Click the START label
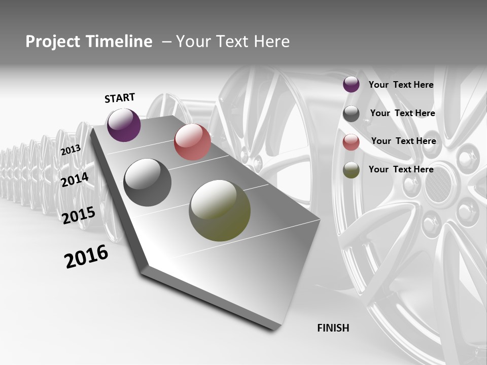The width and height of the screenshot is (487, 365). click(x=120, y=98)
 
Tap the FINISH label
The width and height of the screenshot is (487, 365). click(x=333, y=328)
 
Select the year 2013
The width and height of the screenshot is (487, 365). click(x=71, y=150)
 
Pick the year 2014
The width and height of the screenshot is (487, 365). click(x=75, y=179)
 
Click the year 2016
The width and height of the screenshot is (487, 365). click(x=86, y=257)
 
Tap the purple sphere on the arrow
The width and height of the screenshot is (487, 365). click(x=124, y=125)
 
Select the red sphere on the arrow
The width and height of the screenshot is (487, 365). click(x=192, y=142)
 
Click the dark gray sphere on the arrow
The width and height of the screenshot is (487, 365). click(x=147, y=182)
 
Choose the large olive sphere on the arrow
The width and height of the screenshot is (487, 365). click(x=220, y=210)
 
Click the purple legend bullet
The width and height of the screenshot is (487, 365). click(x=351, y=85)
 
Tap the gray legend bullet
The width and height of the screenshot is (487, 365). click(x=351, y=114)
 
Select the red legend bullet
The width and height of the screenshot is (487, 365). click(x=351, y=142)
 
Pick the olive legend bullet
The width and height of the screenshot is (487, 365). click(x=351, y=170)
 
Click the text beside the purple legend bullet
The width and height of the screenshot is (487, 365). click(x=401, y=85)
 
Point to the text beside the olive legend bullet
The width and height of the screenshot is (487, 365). click(x=401, y=169)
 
